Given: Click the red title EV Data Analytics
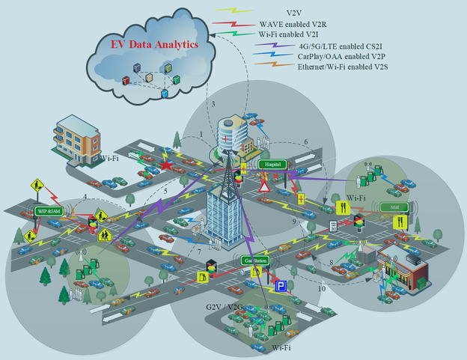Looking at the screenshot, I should point(154,45).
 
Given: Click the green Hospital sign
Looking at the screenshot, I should point(272,164).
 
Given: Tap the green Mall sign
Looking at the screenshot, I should point(390,207).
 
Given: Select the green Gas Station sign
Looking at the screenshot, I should point(257,260).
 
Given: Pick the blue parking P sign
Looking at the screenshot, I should point(281,287).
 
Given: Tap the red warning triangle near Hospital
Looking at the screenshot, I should point(264,186).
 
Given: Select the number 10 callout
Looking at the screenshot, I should point(322,288).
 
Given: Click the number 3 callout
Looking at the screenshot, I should point(213,103).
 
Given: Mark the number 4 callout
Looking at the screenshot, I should point(85,197).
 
